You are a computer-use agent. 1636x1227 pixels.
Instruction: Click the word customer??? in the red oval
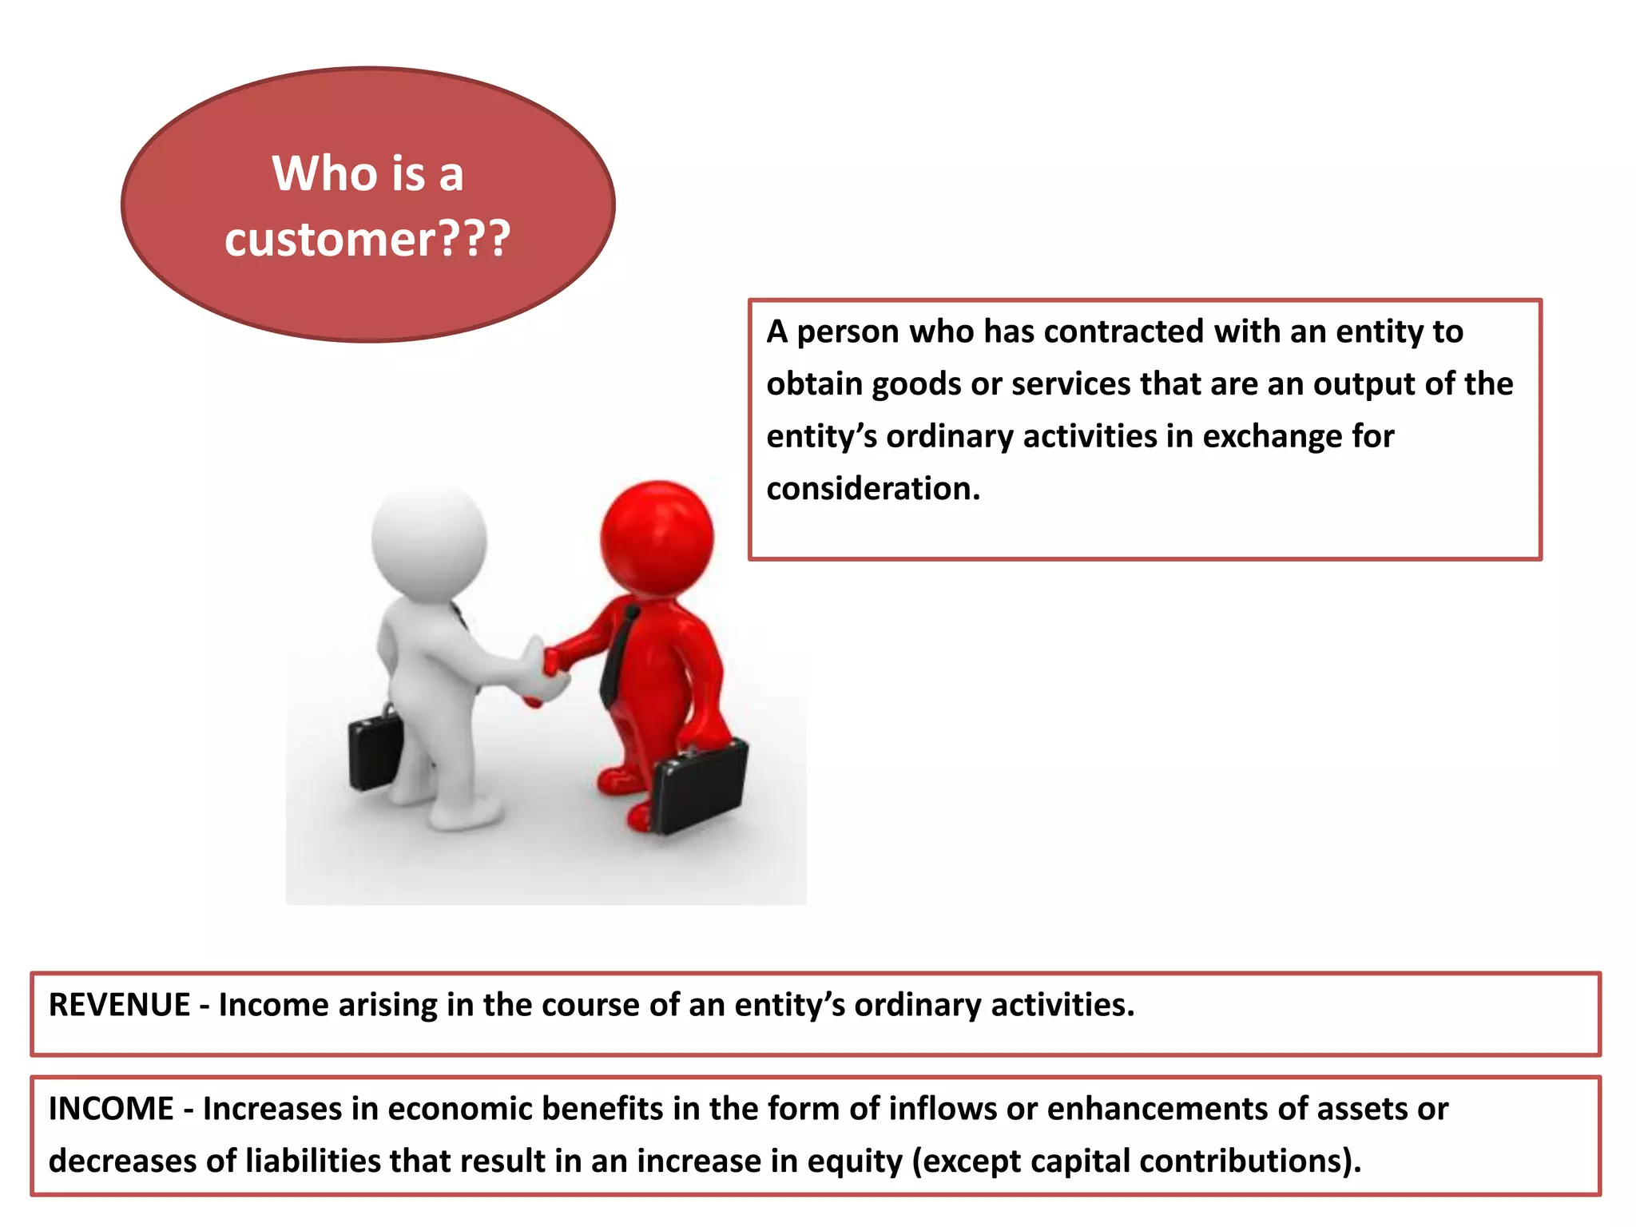click(367, 239)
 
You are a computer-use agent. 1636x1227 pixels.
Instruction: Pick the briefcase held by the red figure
click(700, 788)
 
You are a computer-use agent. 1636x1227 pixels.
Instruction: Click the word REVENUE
click(120, 1005)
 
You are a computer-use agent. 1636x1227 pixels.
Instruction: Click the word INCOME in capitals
click(111, 1109)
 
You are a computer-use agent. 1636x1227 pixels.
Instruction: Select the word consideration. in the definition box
click(873, 489)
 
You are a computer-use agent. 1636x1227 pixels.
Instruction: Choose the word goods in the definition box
click(916, 384)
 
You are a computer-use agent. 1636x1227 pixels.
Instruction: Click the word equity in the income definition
click(854, 1161)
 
